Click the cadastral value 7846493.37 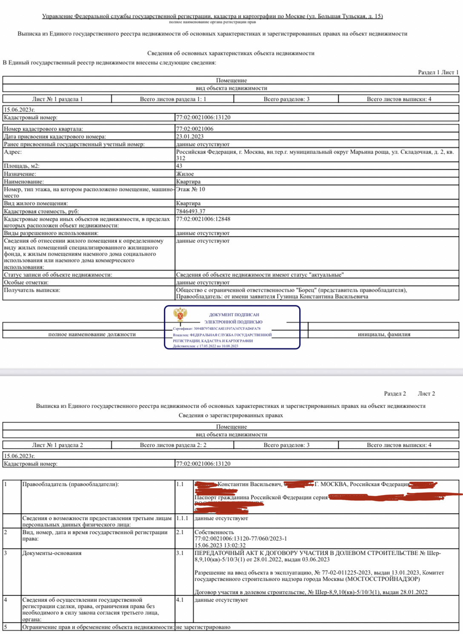(x=191, y=211)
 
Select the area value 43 (x=179, y=166)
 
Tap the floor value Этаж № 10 (x=191, y=189)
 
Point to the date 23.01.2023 (x=190, y=136)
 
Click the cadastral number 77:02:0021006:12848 (x=203, y=219)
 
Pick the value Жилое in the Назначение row (x=185, y=174)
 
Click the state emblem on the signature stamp (x=180, y=315)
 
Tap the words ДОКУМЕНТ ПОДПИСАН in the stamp (x=234, y=315)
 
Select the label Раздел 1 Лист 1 (x=438, y=72)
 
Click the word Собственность (x=214, y=532)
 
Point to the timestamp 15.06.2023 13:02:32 (x=220, y=545)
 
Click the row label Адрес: (x=13, y=152)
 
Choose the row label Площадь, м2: (x=22, y=166)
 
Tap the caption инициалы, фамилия (x=384, y=334)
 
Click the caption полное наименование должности (x=92, y=334)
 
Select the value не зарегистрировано (x=203, y=627)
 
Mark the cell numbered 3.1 (x=180, y=553)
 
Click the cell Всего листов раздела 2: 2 (x=173, y=445)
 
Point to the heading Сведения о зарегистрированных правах (x=231, y=415)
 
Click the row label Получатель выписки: (x=32, y=290)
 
